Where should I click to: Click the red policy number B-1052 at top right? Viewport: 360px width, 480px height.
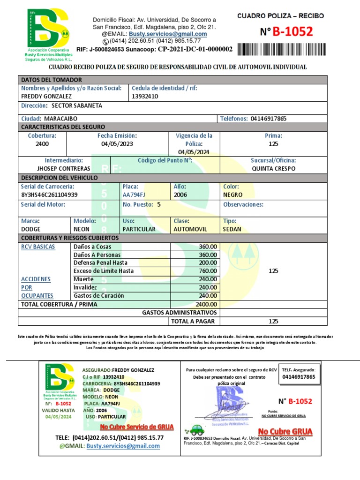[x=292, y=32]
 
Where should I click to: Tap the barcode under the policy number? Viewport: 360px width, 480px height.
[x=280, y=49]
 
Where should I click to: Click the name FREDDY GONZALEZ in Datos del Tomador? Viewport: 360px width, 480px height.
[x=46, y=96]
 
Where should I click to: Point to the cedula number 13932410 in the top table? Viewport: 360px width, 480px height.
[x=145, y=96]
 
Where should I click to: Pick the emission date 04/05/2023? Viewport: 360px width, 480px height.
[x=117, y=144]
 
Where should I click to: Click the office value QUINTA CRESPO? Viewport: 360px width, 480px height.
[x=273, y=168]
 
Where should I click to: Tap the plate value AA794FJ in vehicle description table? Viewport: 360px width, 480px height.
[x=135, y=195]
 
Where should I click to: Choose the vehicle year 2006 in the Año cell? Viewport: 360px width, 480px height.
[x=180, y=195]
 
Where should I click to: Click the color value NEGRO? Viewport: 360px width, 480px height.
[x=233, y=195]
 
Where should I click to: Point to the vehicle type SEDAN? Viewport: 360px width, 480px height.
[x=232, y=229]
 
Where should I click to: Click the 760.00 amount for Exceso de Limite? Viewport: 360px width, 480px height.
[x=208, y=271]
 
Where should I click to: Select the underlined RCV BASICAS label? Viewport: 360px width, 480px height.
[x=38, y=247]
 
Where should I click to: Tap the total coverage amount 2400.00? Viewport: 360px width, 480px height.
[x=207, y=304]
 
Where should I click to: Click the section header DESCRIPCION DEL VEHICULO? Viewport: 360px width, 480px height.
[x=59, y=178]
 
